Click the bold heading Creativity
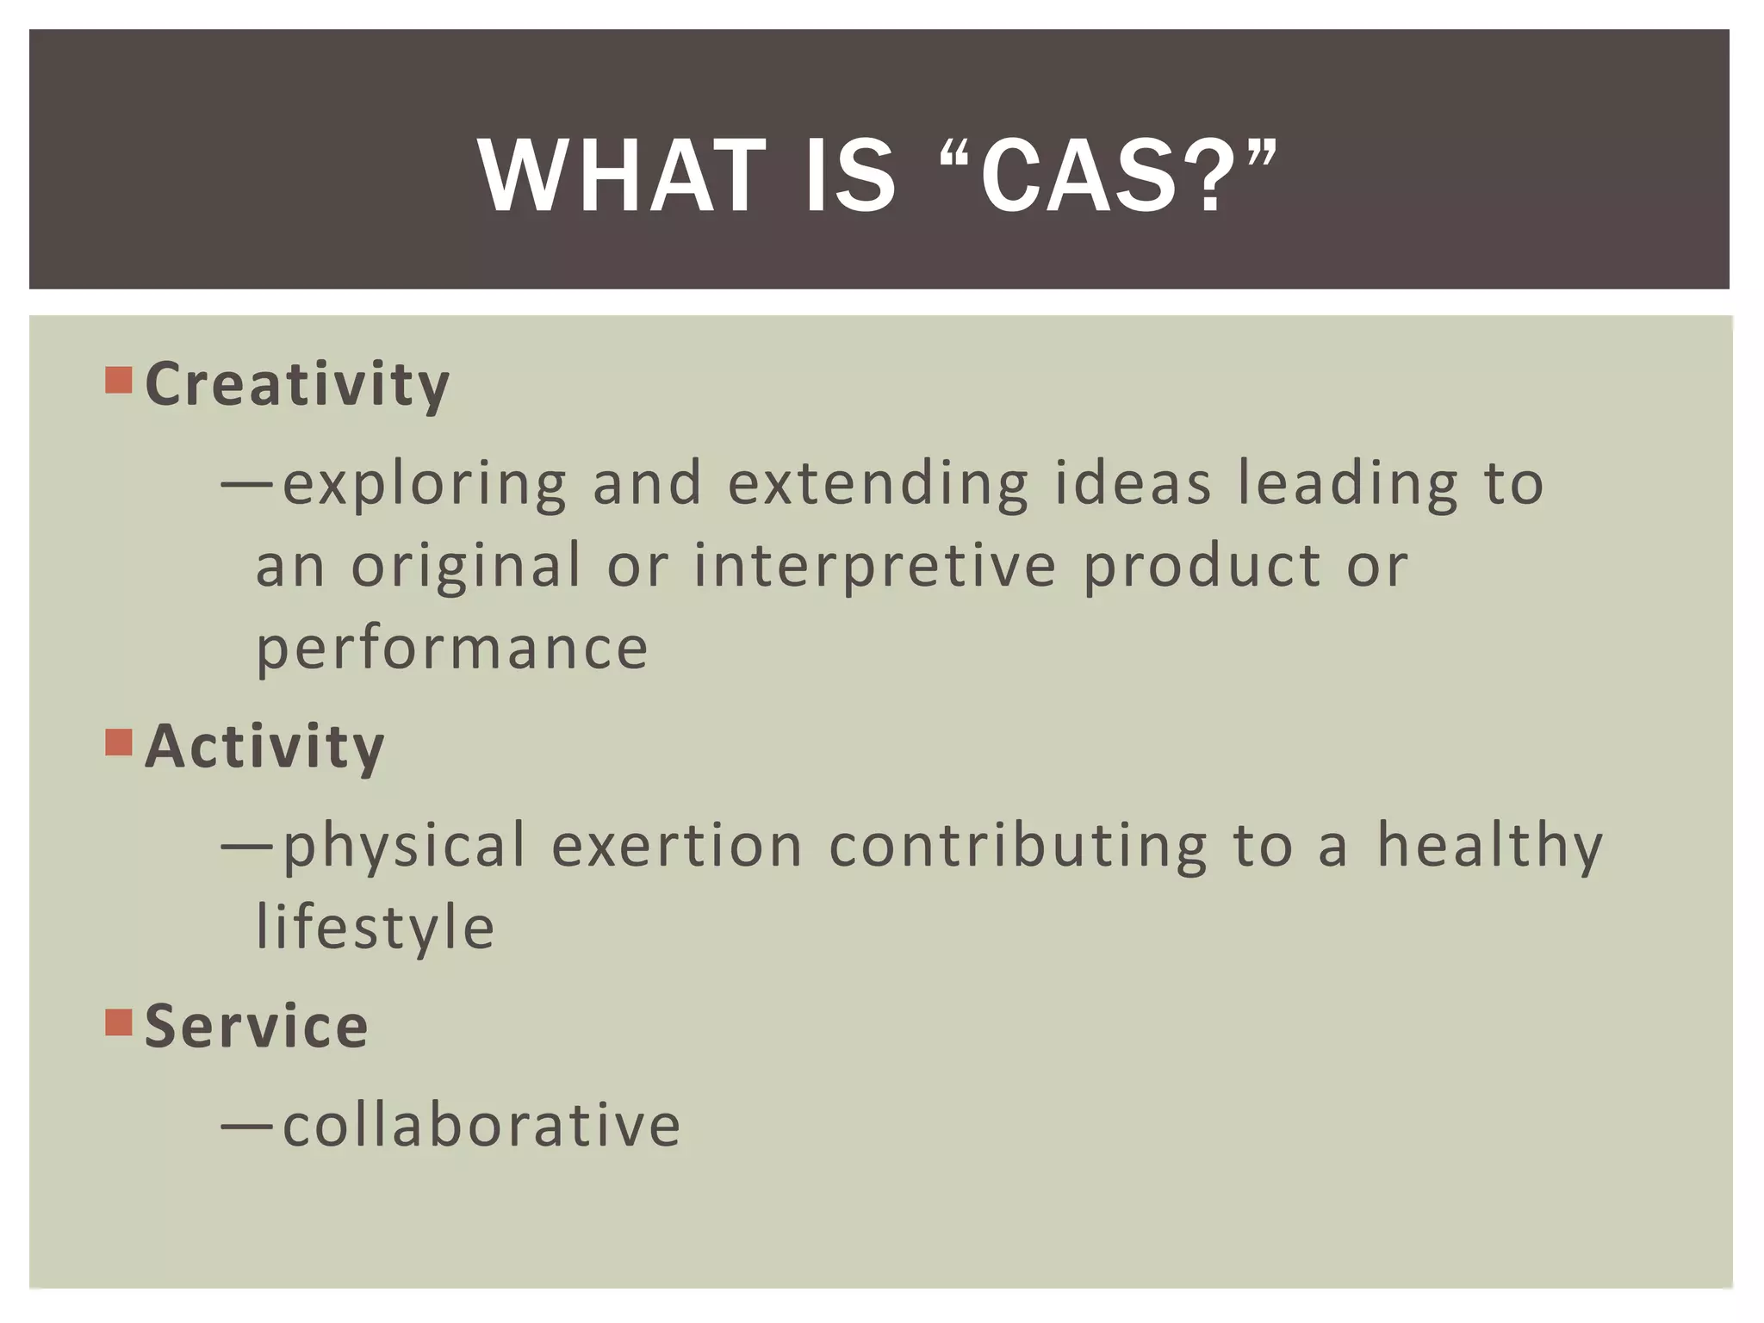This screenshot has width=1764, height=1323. pos(297,384)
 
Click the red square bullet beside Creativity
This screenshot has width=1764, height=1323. pos(119,380)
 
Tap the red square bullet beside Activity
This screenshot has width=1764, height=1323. pos(119,742)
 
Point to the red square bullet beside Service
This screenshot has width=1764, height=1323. pos(119,1022)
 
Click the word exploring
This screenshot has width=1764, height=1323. pos(425,485)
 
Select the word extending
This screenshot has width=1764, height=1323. pos(878,483)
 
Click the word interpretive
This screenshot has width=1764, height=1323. pos(874,567)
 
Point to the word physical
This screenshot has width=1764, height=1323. pos(404,847)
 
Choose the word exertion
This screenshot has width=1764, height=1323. pos(677,845)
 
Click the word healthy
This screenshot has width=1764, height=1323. pos(1489,847)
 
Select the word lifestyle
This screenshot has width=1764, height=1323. pos(376,929)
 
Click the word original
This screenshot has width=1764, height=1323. pos(466,567)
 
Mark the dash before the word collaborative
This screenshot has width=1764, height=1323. pos(247,1126)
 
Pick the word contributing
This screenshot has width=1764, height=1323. pos(1018,845)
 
